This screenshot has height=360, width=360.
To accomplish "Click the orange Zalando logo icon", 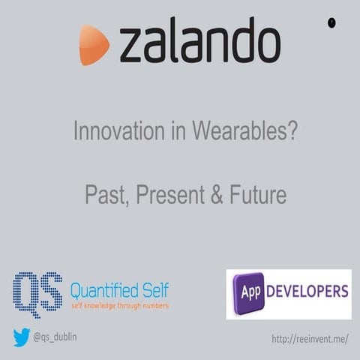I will [94, 44].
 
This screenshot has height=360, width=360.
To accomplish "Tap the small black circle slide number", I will [331, 22].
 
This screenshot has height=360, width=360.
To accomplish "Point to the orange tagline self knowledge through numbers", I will [119, 306].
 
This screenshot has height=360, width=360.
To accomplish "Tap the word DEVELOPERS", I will [307, 290].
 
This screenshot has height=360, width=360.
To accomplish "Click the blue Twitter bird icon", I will [21, 338].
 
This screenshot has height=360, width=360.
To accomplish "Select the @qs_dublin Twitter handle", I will [54, 338].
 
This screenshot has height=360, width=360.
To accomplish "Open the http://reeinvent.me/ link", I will [309, 339].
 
